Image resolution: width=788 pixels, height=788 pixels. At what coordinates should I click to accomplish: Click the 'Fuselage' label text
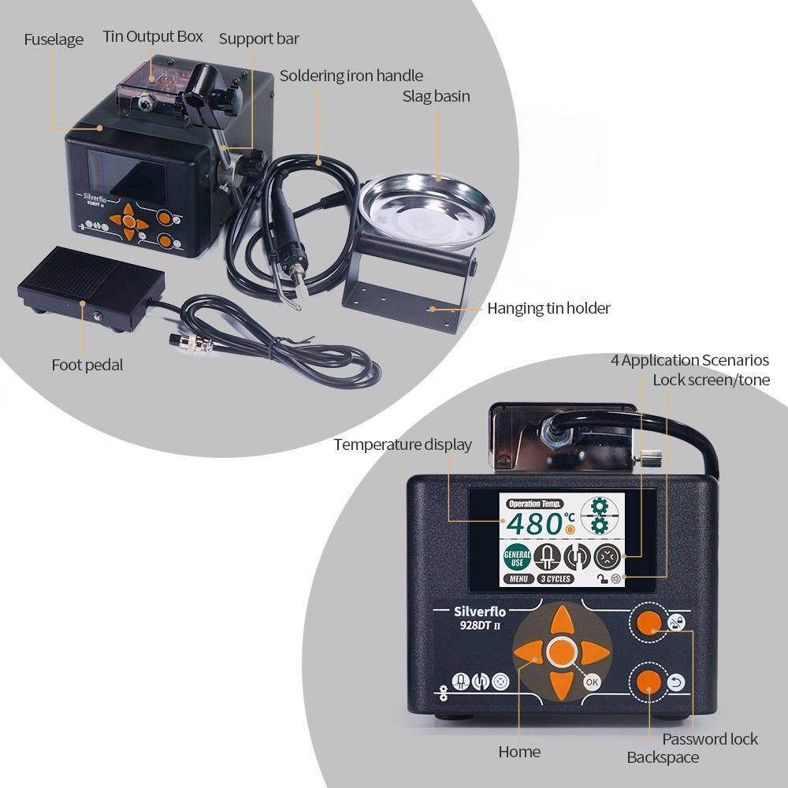click(54, 39)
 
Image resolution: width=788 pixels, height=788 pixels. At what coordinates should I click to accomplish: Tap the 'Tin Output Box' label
click(153, 36)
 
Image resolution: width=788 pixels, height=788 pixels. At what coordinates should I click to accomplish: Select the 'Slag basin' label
click(436, 96)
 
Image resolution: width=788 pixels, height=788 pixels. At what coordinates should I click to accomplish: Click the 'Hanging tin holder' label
click(548, 308)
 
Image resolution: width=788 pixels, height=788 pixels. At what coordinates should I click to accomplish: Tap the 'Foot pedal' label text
click(87, 365)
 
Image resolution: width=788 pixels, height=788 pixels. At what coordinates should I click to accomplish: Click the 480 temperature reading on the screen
click(533, 523)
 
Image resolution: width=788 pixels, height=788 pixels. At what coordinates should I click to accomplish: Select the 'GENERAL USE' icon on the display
click(516, 558)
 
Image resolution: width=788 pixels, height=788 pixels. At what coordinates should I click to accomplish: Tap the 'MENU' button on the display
click(518, 579)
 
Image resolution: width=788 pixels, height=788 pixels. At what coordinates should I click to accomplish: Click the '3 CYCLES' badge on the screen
click(556, 579)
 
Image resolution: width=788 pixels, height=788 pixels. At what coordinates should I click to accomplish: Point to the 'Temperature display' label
click(403, 444)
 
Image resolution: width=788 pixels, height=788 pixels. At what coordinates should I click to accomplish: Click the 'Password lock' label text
click(710, 739)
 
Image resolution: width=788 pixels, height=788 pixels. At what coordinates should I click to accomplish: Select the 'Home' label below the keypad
click(519, 752)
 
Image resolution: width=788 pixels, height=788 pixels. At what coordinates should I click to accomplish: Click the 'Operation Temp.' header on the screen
click(536, 504)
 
